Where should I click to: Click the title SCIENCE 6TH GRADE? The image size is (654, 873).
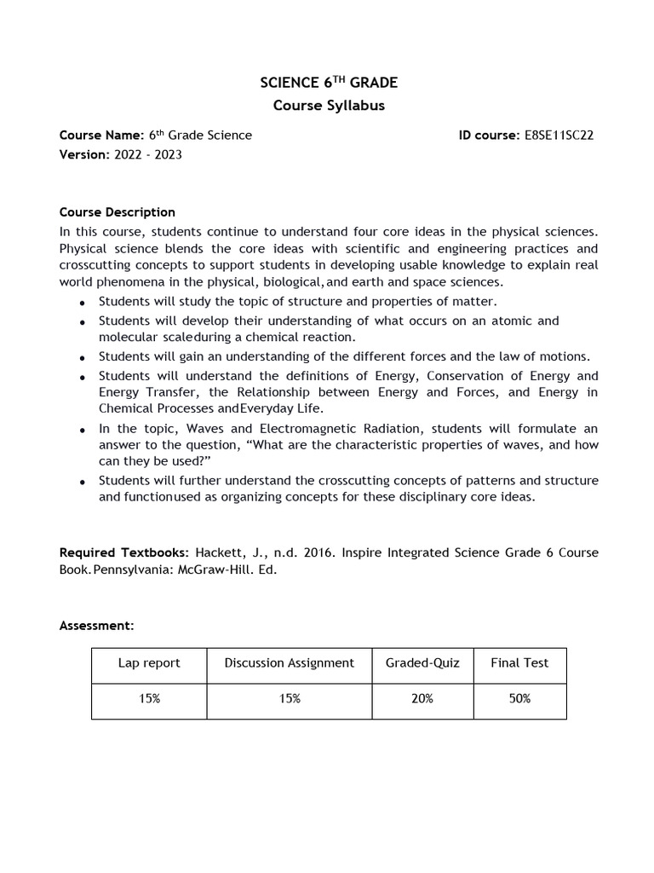click(x=328, y=83)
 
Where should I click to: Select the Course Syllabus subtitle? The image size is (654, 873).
click(x=328, y=106)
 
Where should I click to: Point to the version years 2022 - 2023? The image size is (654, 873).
click(x=147, y=154)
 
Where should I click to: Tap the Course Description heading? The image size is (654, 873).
click(x=117, y=212)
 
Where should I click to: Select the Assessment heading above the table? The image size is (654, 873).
click(x=96, y=626)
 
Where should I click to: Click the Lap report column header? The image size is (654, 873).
click(x=149, y=663)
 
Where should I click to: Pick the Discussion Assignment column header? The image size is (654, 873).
click(x=289, y=663)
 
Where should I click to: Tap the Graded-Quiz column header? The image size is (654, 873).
click(x=422, y=663)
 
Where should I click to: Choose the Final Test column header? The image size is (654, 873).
click(x=519, y=663)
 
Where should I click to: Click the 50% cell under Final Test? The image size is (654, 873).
click(x=519, y=698)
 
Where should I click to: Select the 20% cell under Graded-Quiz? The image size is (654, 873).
click(x=422, y=698)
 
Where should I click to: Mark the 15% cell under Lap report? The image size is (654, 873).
click(x=149, y=698)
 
